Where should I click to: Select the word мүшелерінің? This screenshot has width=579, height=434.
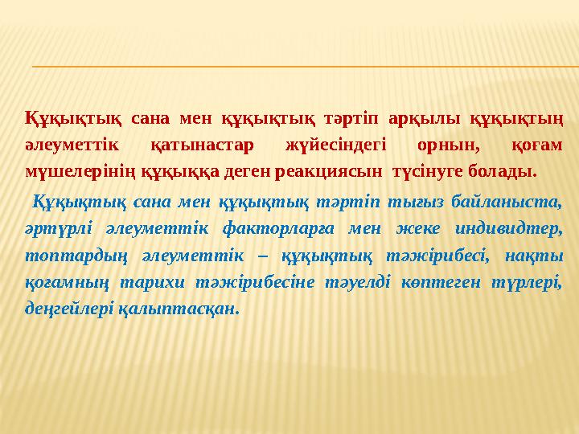(x=70, y=171)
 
